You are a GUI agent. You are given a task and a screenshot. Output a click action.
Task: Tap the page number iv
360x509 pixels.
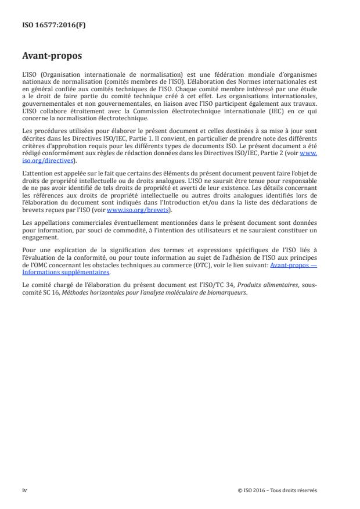[24, 490]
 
